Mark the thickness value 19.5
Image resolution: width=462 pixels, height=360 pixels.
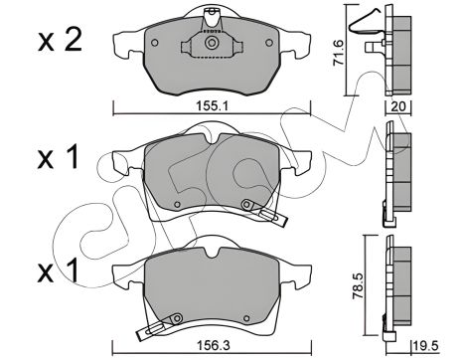425,345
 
